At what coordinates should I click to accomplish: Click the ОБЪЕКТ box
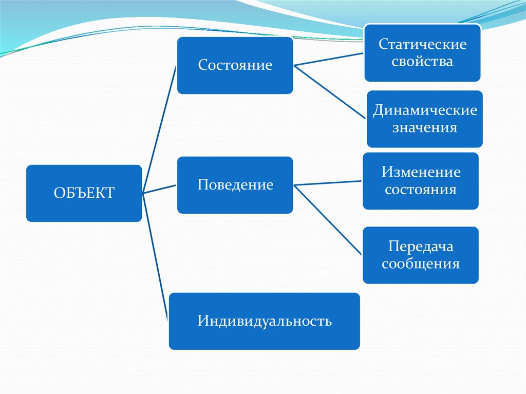(84, 193)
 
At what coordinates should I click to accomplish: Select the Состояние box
(235, 65)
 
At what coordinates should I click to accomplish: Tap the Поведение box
(235, 185)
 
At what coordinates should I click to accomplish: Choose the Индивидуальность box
(264, 321)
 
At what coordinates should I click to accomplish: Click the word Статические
(422, 44)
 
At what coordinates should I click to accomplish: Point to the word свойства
(422, 62)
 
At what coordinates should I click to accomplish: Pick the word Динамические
(425, 110)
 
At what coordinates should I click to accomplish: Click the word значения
(425, 127)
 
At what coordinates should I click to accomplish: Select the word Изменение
(421, 172)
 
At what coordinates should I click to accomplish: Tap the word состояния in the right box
(421, 189)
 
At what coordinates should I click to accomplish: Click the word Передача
(421, 247)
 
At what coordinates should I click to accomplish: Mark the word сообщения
(421, 264)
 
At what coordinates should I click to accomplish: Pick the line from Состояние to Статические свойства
(329, 59)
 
